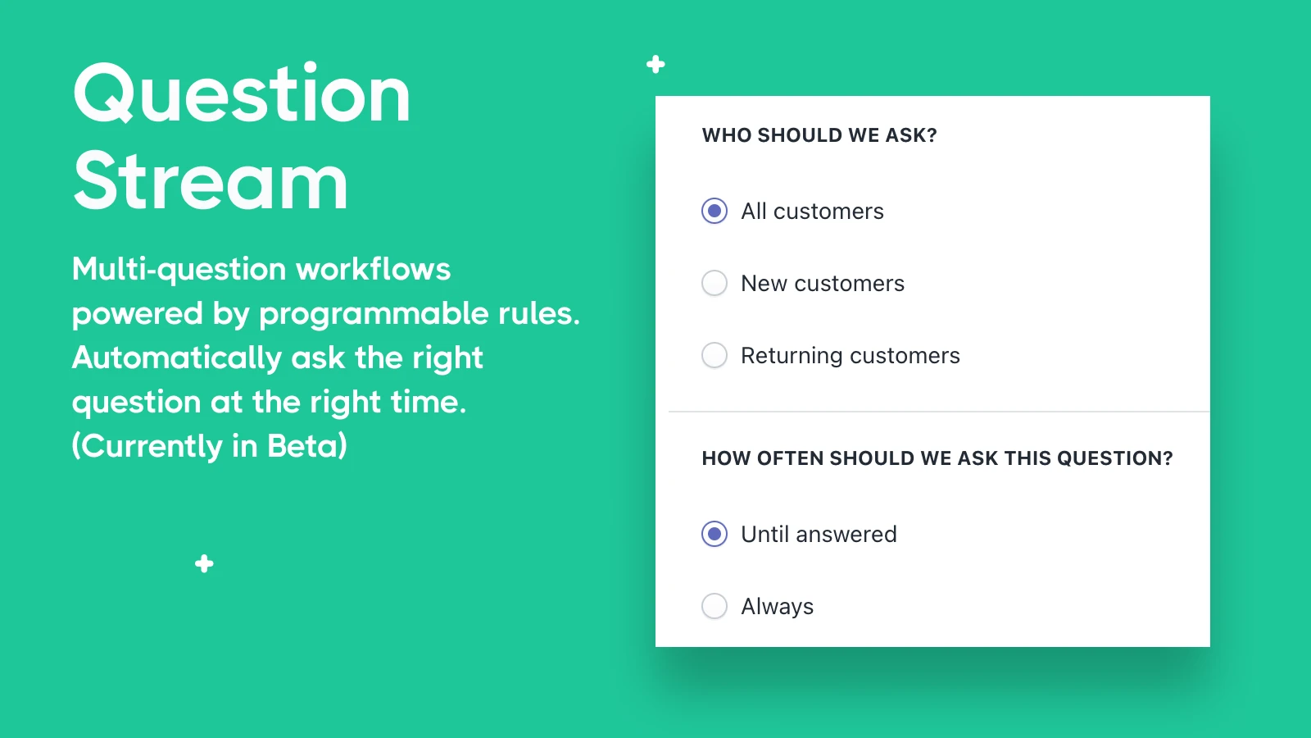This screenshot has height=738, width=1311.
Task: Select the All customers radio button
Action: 714,211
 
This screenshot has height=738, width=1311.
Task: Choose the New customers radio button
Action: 714,283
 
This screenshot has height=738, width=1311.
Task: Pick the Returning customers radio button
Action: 714,355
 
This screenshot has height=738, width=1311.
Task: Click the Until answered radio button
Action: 714,534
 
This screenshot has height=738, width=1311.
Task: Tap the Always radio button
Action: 714,606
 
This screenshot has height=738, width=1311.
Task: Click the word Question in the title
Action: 241,93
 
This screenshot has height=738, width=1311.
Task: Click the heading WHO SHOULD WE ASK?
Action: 819,135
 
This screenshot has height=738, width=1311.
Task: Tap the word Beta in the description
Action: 307,446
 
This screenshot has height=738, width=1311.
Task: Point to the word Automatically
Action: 177,358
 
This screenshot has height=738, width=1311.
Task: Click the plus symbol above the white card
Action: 655,65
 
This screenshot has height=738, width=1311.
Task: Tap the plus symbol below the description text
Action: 204,564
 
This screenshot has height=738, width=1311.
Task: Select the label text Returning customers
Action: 851,356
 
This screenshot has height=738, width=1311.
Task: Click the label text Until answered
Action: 819,534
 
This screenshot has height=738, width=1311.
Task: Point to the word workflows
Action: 374,269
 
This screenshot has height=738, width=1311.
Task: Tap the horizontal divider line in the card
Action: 939,412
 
